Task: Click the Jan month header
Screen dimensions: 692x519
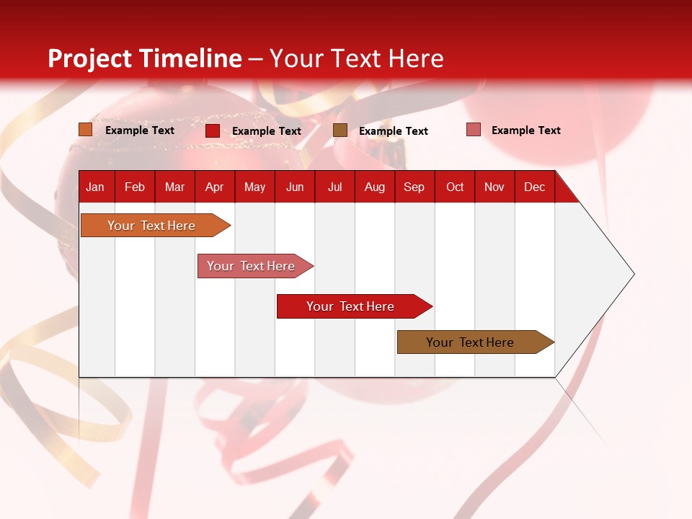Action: click(x=95, y=187)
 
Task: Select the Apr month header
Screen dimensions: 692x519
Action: click(x=215, y=187)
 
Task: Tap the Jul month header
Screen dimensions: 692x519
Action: click(x=335, y=187)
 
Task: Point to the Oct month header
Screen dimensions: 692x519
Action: click(x=455, y=187)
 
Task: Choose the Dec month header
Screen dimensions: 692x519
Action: click(x=534, y=187)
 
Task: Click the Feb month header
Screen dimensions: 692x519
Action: click(x=135, y=187)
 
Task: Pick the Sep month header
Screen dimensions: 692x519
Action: click(x=414, y=187)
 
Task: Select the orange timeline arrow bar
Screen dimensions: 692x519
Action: click(x=156, y=226)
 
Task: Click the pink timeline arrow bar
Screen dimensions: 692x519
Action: click(x=255, y=266)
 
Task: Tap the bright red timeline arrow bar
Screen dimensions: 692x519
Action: click(x=355, y=306)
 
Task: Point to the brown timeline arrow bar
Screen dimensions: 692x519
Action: click(x=476, y=342)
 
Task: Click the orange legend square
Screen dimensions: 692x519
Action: click(x=86, y=130)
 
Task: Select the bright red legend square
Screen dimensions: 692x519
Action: click(x=213, y=130)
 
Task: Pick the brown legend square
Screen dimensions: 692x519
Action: click(x=340, y=130)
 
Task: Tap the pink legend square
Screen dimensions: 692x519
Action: click(x=474, y=130)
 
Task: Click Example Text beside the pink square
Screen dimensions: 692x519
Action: click(x=526, y=130)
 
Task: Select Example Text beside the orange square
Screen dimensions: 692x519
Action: click(x=140, y=130)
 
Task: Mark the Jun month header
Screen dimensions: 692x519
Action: click(x=295, y=187)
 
